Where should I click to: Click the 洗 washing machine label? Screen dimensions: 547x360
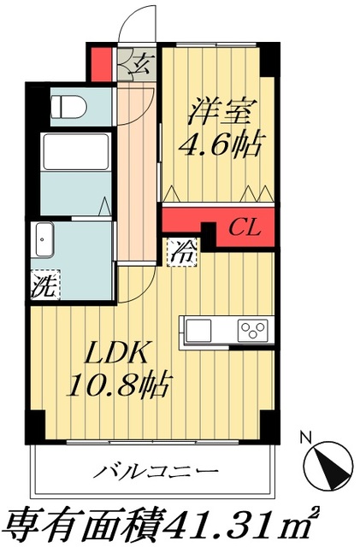coord(42,284)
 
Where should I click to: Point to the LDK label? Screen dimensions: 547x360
coord(120,352)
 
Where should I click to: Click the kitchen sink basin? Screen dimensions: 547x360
coord(200,331)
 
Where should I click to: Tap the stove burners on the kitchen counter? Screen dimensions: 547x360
coord(253,331)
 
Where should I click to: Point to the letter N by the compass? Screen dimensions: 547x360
coord(305,438)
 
